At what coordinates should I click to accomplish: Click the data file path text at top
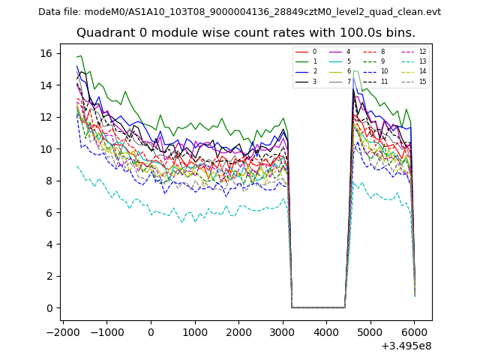(x=239, y=12)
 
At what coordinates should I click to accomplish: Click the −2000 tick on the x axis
(x=61, y=332)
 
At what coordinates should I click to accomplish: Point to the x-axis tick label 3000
(x=282, y=332)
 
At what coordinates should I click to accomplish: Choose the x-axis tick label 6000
(x=413, y=332)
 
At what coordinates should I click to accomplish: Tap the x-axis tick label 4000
(x=325, y=332)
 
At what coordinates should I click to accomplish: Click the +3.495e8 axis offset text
(x=406, y=346)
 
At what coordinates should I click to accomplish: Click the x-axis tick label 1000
(x=194, y=332)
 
